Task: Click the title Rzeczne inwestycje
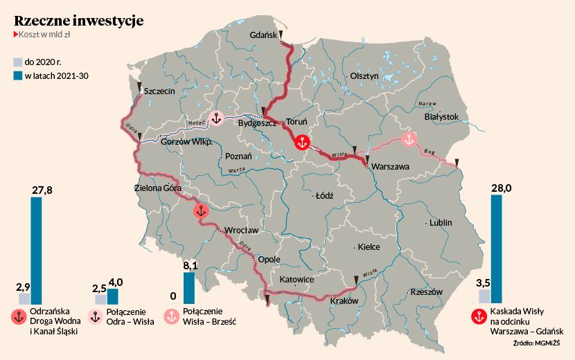click(x=78, y=21)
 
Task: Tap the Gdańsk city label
click(x=263, y=35)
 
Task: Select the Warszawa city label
click(x=391, y=167)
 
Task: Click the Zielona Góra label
click(x=158, y=188)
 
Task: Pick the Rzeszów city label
click(x=426, y=292)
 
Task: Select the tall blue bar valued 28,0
click(x=496, y=249)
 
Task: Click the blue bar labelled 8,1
click(x=188, y=288)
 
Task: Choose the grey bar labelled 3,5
click(x=484, y=296)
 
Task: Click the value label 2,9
click(x=23, y=287)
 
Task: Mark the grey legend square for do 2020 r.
click(x=18, y=62)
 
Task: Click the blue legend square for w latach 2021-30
click(x=18, y=75)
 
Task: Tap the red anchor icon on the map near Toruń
click(x=301, y=143)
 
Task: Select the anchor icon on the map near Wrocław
click(x=201, y=212)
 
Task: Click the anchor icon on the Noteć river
click(x=215, y=118)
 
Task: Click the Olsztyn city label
click(x=364, y=76)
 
